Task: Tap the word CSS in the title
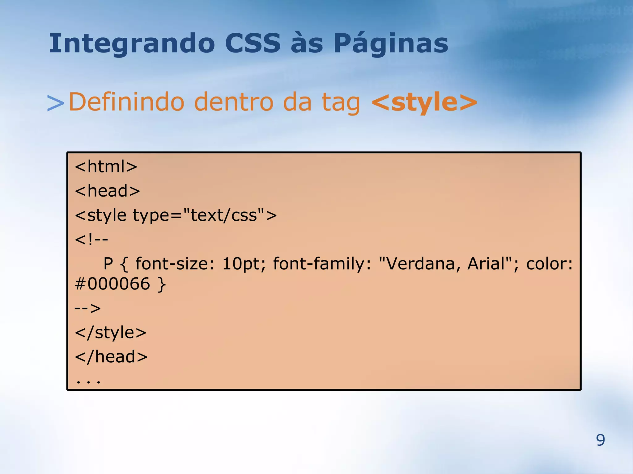click(253, 43)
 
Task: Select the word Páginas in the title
click(391, 44)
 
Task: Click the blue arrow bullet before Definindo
click(56, 103)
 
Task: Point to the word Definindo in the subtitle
click(126, 102)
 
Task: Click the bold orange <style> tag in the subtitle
click(424, 102)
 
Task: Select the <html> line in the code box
click(106, 167)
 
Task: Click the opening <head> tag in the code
click(108, 191)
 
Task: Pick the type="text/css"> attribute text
click(205, 215)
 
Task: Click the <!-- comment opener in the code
click(91, 239)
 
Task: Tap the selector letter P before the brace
click(108, 264)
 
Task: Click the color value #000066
click(113, 284)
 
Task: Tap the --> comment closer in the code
click(88, 308)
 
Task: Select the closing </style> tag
click(111, 333)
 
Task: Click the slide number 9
click(600, 440)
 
